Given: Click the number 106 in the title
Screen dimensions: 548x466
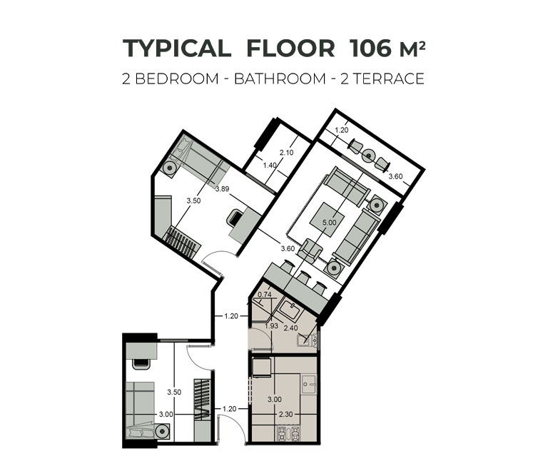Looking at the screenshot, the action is [x=370, y=48].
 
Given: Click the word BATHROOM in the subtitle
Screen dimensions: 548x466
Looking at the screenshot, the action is [x=280, y=78].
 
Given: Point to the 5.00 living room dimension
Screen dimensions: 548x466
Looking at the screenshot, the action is [x=329, y=223].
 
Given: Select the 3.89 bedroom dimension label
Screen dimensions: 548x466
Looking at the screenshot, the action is [x=223, y=189].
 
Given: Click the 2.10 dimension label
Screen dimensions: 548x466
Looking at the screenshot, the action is [x=287, y=153].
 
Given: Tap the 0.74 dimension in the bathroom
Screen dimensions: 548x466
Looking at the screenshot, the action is [x=265, y=294].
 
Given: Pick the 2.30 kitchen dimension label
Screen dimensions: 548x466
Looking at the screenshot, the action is [x=285, y=414].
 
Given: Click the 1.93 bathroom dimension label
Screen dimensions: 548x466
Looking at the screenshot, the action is [x=271, y=326].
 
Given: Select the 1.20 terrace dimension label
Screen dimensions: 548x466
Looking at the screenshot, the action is [x=342, y=130].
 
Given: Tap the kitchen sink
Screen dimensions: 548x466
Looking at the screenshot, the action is [x=309, y=384].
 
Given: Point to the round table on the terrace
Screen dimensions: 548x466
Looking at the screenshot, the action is [x=368, y=155].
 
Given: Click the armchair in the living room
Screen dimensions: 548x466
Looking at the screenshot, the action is [x=310, y=250].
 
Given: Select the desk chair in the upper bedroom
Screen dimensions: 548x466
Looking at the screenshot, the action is [x=235, y=218].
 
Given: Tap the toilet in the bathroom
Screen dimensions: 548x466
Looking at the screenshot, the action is [x=308, y=340].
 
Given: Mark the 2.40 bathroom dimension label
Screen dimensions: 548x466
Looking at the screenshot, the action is [x=291, y=328].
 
